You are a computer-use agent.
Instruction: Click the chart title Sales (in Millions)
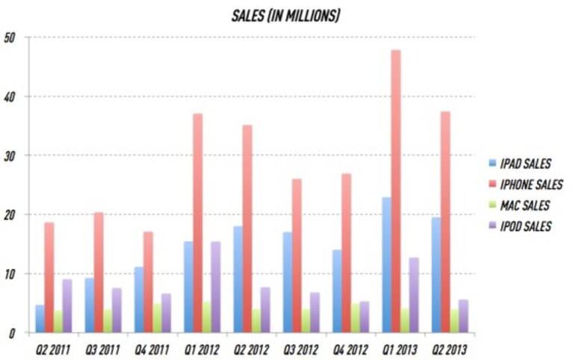click(x=286, y=16)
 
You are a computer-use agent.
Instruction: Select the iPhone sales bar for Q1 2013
click(x=396, y=191)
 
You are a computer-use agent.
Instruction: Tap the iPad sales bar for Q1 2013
click(x=387, y=265)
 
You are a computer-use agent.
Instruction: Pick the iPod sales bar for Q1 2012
click(x=216, y=287)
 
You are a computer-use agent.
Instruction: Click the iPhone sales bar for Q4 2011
click(x=148, y=282)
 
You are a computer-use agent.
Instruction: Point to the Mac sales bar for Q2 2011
click(x=58, y=322)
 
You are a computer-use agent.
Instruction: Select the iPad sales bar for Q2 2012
click(x=238, y=279)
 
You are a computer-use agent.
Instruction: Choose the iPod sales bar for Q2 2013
click(x=463, y=316)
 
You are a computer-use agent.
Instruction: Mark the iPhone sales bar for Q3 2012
click(x=297, y=256)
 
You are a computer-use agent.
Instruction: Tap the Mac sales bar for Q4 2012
click(x=355, y=318)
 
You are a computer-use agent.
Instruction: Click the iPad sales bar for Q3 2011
click(x=90, y=305)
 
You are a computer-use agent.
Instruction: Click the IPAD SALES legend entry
click(x=520, y=164)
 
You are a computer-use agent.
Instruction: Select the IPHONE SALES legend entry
click(x=525, y=184)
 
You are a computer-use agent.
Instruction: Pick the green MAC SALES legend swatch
click(x=492, y=205)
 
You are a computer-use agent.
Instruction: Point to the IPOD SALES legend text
click(x=525, y=226)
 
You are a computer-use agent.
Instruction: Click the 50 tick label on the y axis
click(x=10, y=37)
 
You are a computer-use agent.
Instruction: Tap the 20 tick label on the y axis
click(x=10, y=215)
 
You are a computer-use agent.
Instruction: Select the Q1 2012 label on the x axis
click(x=202, y=350)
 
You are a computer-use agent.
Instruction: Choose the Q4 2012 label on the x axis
click(x=350, y=350)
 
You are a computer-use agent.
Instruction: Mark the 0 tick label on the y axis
click(x=12, y=333)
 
